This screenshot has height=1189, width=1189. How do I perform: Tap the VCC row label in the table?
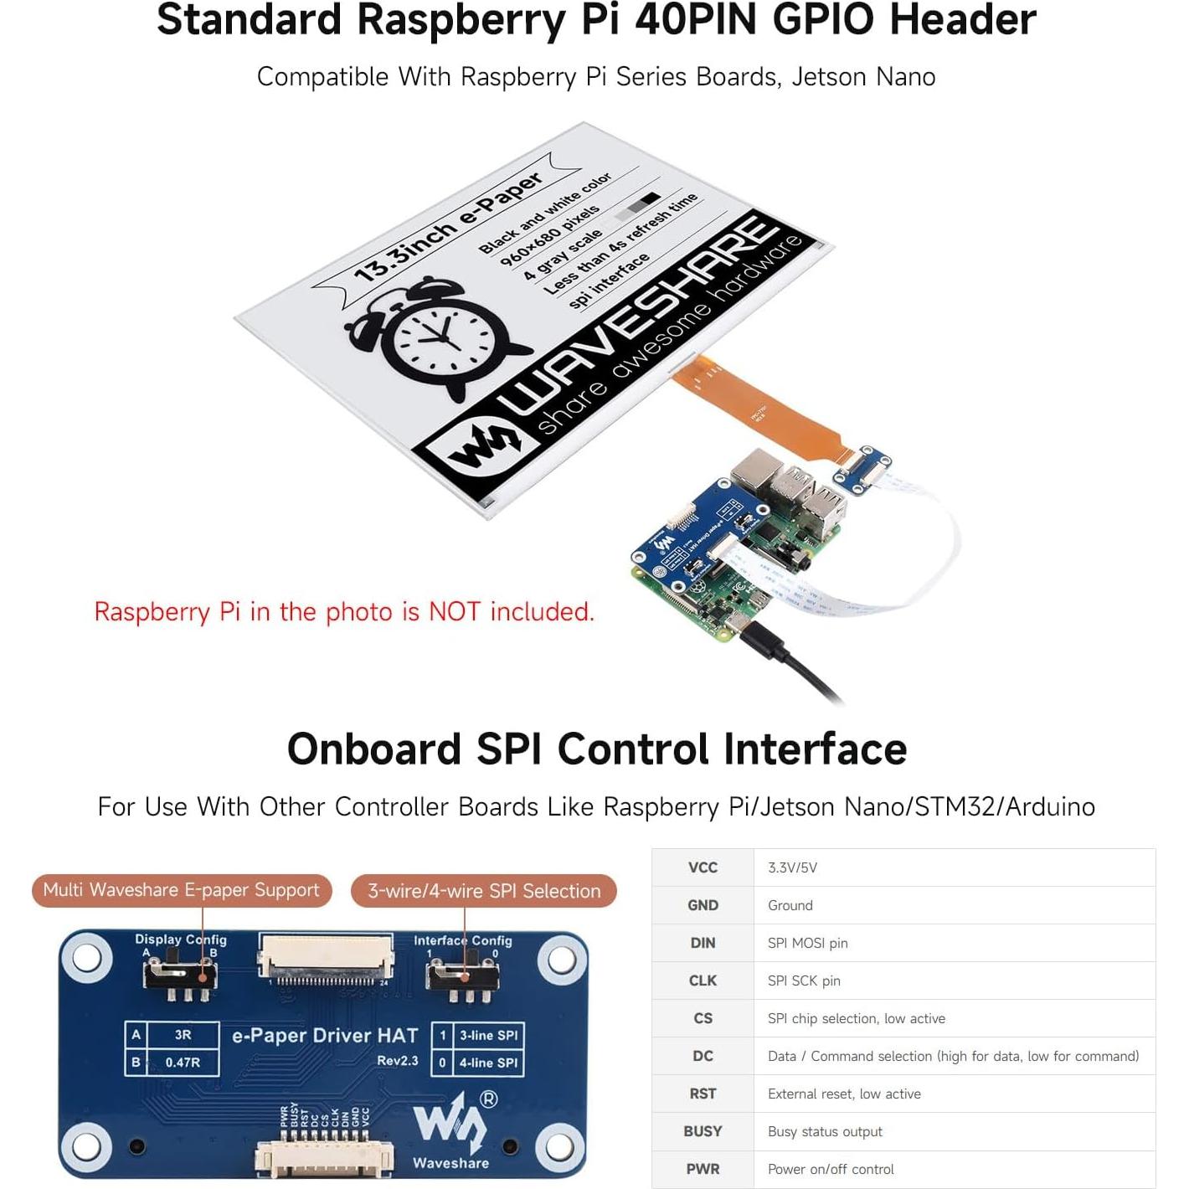pos(703,867)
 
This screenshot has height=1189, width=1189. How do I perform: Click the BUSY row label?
pos(703,1131)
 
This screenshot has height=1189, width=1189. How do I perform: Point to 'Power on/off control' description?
pos(831,1169)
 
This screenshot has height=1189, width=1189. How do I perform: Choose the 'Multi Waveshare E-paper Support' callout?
pos(182,890)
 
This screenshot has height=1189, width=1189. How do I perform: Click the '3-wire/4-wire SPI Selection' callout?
pos(484,891)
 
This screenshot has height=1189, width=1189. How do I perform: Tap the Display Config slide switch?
pos(181,976)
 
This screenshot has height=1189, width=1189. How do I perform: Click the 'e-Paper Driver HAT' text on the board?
pos(325,1036)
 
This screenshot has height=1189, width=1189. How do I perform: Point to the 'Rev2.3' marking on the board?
pos(397,1061)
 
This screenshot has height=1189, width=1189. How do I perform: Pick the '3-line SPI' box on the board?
pos(488,1036)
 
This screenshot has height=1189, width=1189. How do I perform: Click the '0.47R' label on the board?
pos(183,1063)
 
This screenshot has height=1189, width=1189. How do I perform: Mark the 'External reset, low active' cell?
pos(844,1094)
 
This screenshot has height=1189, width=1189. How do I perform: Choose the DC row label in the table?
pos(703,1056)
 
